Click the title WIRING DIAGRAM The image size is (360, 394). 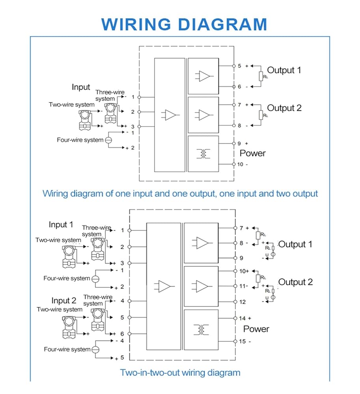184,24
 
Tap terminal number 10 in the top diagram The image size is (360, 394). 240,164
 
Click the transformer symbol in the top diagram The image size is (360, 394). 203,154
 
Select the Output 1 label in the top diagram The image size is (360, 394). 284,70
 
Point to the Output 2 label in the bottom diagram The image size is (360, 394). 295,282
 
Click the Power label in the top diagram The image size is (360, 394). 252,153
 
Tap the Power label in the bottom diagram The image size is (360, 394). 256,329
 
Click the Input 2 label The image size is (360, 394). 63,301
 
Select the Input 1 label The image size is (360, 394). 61,225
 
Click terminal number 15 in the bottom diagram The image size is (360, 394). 242,342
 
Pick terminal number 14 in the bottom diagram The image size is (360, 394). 242,318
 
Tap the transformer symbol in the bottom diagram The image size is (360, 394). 201,330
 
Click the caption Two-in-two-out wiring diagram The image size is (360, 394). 180,373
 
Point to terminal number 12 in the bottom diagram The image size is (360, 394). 242,302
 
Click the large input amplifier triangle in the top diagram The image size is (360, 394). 170,115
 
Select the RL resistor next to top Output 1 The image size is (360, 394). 261,76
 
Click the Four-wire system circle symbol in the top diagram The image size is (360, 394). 108,140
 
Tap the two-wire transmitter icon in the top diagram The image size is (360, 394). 84,120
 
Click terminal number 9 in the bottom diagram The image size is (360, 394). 241,258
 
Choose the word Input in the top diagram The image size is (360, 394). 81,87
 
